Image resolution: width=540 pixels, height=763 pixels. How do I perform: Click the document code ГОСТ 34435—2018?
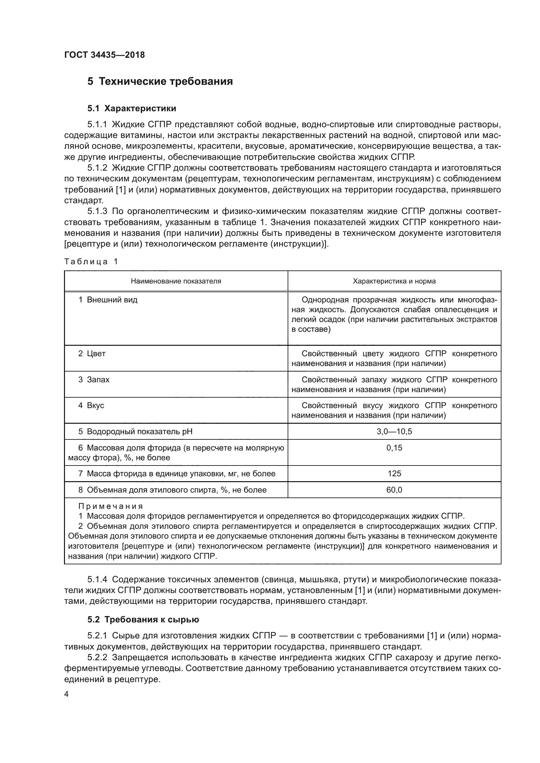pyautogui.click(x=104, y=55)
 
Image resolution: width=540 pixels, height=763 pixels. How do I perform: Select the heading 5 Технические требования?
pyautogui.click(x=160, y=82)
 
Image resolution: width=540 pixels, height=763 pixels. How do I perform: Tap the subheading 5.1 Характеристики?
pyautogui.click(x=132, y=108)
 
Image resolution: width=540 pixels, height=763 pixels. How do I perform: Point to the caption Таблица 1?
pyautogui.click(x=91, y=262)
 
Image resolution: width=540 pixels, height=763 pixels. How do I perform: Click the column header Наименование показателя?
pyautogui.click(x=176, y=281)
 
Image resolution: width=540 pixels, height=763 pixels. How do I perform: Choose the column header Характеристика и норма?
pyautogui.click(x=394, y=281)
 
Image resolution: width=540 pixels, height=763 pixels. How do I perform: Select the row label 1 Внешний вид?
pyautogui.click(x=108, y=300)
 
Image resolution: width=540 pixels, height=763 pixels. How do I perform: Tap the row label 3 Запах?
pyautogui.click(x=94, y=379)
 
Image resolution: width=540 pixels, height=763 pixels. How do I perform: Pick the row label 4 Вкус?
pyautogui.click(x=91, y=405)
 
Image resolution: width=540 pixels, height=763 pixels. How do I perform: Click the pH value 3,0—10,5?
pyautogui.click(x=394, y=432)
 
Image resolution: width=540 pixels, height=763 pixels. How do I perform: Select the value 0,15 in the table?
pyautogui.click(x=394, y=448)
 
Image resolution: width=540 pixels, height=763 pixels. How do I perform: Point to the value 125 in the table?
pyautogui.click(x=394, y=474)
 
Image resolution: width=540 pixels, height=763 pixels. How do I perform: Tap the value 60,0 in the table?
pyautogui.click(x=394, y=490)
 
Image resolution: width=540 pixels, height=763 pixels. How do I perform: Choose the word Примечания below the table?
pyautogui.click(x=111, y=507)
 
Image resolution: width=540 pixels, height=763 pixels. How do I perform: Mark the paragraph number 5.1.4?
pyautogui.click(x=97, y=580)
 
